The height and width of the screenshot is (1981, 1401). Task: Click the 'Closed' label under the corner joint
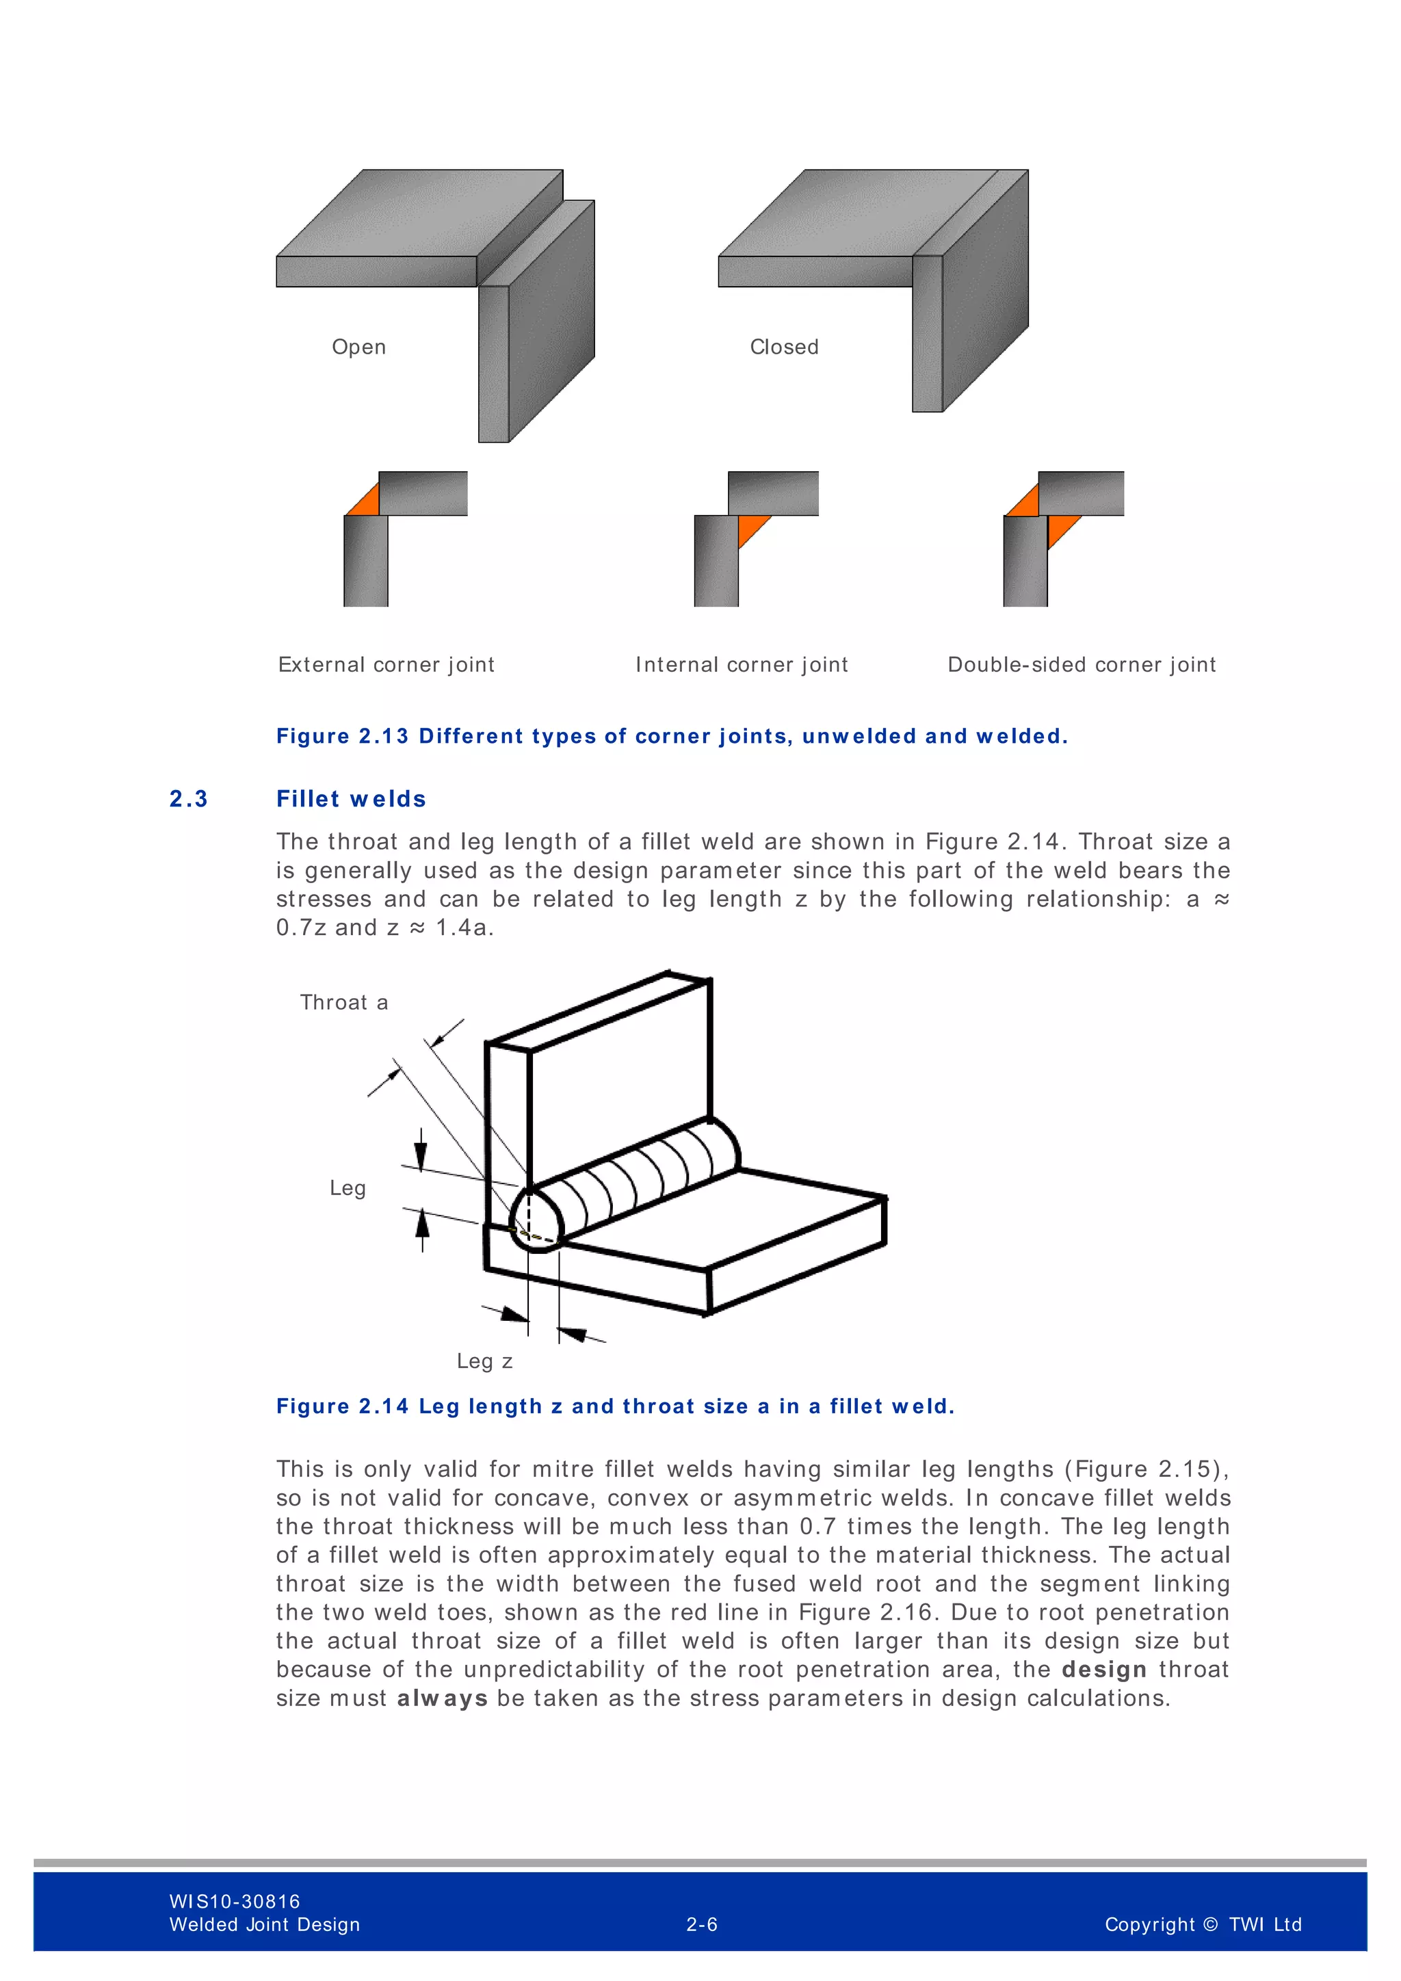point(783,347)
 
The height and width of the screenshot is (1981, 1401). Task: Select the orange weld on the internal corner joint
point(750,525)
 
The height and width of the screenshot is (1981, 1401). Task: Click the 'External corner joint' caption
point(386,664)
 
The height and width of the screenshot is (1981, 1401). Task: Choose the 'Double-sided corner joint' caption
point(1081,664)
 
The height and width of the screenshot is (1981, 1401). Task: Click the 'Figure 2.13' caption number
point(341,736)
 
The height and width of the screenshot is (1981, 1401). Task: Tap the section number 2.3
point(188,799)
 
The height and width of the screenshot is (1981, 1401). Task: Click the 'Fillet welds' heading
point(350,799)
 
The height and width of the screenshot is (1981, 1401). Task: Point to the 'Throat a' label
point(343,1003)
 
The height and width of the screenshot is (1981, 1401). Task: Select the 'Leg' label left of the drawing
point(347,1188)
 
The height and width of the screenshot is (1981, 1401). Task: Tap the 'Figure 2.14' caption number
point(341,1406)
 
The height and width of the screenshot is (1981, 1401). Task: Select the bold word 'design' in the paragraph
point(1103,1670)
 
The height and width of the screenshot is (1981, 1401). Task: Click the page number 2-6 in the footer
point(701,1925)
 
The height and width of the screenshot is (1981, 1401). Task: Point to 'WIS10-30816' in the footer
point(235,1902)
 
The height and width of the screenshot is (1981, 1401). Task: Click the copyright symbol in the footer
point(1209,1925)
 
